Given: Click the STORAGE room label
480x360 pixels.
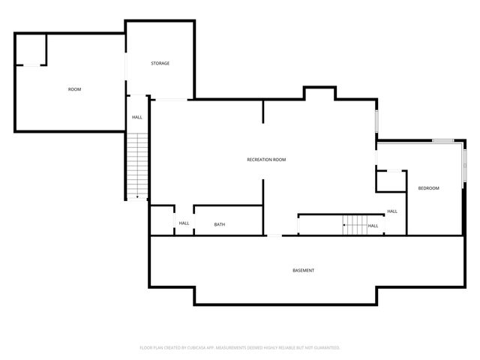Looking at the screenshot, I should tap(160, 63).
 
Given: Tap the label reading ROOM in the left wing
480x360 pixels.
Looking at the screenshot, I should tap(74, 89).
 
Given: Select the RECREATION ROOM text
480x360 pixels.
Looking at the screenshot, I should tap(266, 160).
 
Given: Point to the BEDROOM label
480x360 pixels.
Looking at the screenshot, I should tap(428, 187).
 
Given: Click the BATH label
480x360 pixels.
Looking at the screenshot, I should tap(219, 224).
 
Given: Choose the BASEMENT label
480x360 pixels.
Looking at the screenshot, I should tap(303, 270).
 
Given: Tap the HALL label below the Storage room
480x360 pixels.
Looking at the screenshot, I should tap(137, 117).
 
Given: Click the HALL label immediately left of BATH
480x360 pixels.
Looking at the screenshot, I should tap(184, 223).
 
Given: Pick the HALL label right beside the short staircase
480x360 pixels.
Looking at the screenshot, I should tap(373, 226).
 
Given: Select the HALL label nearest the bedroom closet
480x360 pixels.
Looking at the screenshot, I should tap(391, 211).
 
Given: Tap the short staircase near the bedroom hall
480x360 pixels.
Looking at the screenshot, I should tap(354, 223).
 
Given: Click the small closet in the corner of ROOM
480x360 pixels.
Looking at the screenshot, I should tap(31, 49).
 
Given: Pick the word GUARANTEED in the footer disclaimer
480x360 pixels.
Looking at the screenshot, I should tap(325, 348).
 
